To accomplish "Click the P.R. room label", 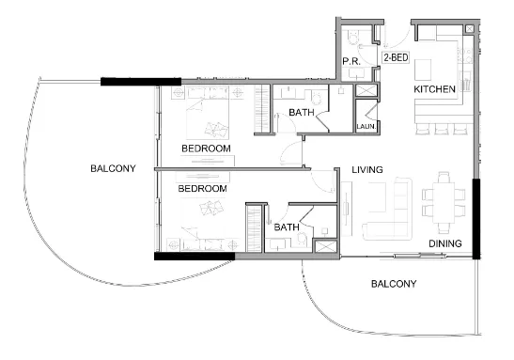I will click(x=352, y=61).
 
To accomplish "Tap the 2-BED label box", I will click(x=396, y=57).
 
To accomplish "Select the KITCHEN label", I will click(x=435, y=89).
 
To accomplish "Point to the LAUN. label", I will click(x=365, y=126).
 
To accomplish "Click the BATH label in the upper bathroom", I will click(x=302, y=113).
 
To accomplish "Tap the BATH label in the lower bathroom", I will click(x=286, y=227).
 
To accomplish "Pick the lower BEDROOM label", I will click(x=203, y=188).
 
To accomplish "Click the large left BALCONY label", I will click(x=113, y=169).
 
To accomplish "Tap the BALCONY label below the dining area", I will click(x=394, y=283).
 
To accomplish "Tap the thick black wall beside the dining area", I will click(x=477, y=218).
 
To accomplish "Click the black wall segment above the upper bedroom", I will click(x=130, y=82).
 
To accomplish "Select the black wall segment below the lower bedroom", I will click(x=194, y=256).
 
